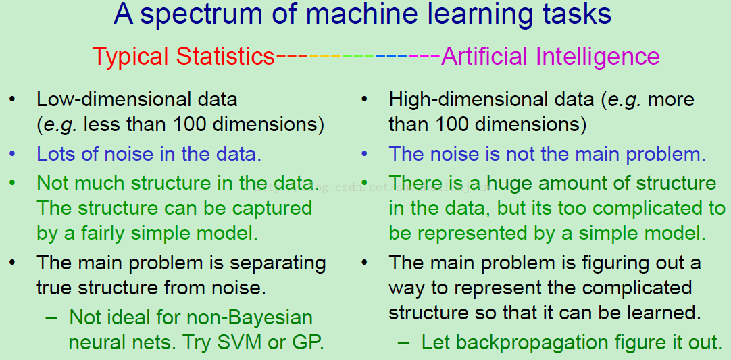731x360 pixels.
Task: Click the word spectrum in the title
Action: (x=207, y=16)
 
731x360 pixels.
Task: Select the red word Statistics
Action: (x=226, y=57)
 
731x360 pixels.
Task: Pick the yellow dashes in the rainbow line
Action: (x=326, y=57)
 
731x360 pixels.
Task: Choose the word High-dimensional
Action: (x=491, y=99)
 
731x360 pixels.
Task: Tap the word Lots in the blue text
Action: (x=51, y=155)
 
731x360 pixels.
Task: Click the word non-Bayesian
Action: (x=250, y=318)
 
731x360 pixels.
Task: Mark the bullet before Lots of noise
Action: (x=12, y=155)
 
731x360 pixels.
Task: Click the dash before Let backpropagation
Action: (x=404, y=344)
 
